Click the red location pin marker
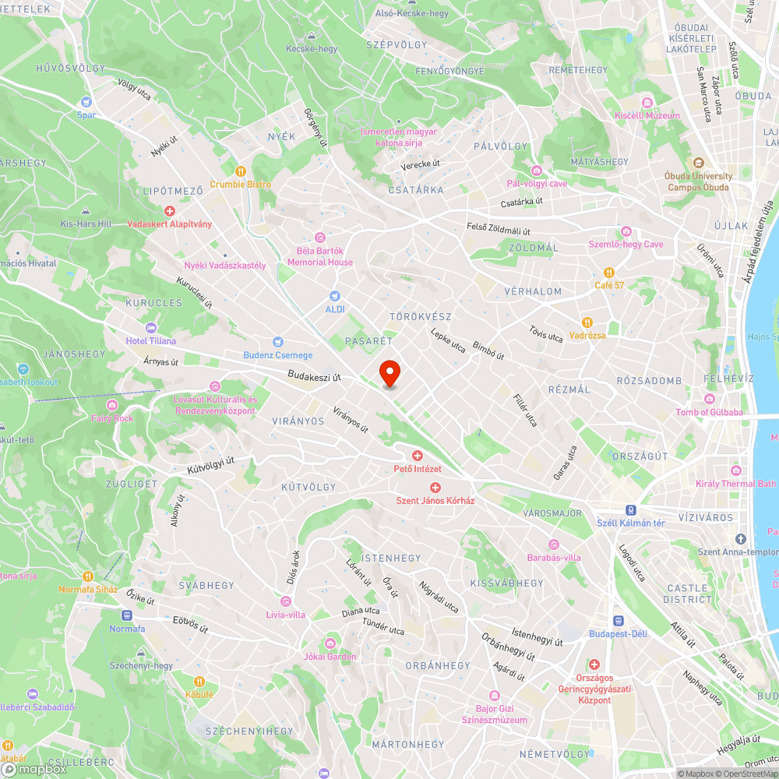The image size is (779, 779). point(389,372)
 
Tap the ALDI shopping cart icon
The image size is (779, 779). point(335,296)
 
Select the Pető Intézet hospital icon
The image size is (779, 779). point(418,456)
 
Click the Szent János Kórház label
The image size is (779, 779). point(435,500)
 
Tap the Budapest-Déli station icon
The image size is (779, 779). point(619,621)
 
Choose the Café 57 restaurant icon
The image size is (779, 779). point(609,273)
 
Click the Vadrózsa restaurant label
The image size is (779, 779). point(587,335)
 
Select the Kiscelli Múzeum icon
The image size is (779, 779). point(647,103)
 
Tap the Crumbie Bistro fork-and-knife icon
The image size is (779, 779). point(241,171)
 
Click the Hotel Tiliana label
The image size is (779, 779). point(151,340)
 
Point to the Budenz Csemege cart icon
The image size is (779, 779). point(277,342)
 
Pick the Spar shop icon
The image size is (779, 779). point(86,102)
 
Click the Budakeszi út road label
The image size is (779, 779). point(315,376)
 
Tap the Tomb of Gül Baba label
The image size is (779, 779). point(709,412)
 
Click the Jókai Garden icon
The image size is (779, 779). point(330,643)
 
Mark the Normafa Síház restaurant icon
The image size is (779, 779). point(87,576)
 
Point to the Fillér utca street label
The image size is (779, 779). point(525,410)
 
